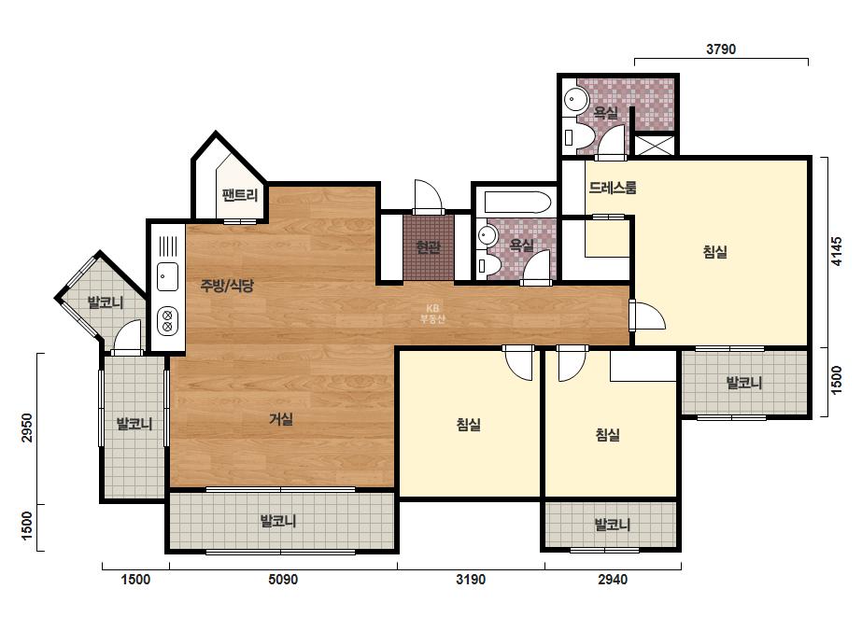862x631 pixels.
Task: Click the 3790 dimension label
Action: coord(721,49)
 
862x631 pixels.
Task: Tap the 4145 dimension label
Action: coord(836,251)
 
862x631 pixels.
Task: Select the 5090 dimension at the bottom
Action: coord(283,580)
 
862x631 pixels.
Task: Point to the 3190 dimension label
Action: coord(471,580)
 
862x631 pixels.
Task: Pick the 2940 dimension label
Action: coord(613,580)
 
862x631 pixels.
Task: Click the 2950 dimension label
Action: coord(26,428)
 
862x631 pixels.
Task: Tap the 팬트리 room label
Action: coord(240,194)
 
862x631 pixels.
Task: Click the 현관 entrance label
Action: coord(429,246)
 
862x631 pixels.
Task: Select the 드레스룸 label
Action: coord(613,188)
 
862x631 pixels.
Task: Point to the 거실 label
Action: coord(281,419)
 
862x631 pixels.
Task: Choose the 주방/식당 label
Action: coord(227,286)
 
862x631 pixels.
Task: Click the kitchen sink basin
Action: coord(168,276)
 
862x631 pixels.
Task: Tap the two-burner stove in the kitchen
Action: coord(168,320)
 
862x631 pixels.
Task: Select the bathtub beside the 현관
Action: coord(517,203)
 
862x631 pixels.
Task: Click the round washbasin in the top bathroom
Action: coord(575,100)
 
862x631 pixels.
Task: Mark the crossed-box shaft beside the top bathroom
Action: coord(654,145)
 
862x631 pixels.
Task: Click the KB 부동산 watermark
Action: coord(432,314)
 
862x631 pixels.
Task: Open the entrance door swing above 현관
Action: coord(428,196)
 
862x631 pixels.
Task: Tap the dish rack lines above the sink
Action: coord(168,245)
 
